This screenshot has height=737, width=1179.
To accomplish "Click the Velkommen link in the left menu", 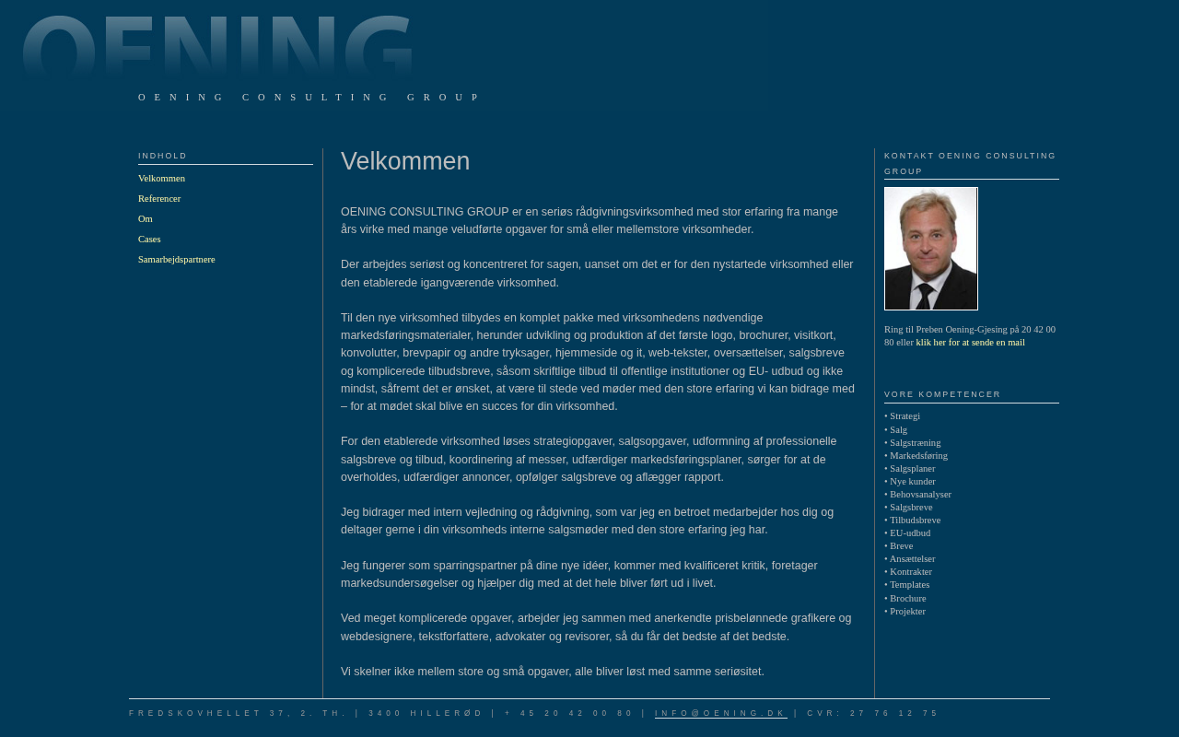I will click(x=161, y=179).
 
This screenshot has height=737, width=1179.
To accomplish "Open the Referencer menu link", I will click(x=159, y=199).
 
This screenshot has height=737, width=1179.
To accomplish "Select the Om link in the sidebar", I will click(x=146, y=219).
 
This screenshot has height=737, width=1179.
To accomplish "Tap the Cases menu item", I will click(x=149, y=240).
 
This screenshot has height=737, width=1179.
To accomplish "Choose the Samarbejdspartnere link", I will click(x=177, y=260).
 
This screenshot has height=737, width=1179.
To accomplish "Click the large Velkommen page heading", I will click(x=405, y=161).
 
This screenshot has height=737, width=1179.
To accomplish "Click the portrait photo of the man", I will click(x=931, y=249).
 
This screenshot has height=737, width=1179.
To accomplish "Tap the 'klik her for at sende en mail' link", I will click(x=970, y=343).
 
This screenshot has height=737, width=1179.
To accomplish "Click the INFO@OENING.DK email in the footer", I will click(x=720, y=714).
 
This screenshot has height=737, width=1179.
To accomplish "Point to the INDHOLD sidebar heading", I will click(x=163, y=156).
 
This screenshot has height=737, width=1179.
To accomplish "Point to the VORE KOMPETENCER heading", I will click(x=942, y=394).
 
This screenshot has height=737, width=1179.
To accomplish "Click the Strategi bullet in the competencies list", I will click(x=905, y=416).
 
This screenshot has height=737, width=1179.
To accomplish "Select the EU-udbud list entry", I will click(x=910, y=533).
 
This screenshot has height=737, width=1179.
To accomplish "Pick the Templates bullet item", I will click(x=909, y=585).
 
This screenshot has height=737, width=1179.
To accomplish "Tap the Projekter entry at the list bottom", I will click(x=907, y=612).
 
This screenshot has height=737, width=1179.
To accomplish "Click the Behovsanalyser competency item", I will click(x=920, y=495).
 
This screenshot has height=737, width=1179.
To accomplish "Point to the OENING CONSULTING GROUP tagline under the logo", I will click(x=309, y=97).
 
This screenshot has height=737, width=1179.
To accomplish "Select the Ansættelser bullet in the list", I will click(x=912, y=559).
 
